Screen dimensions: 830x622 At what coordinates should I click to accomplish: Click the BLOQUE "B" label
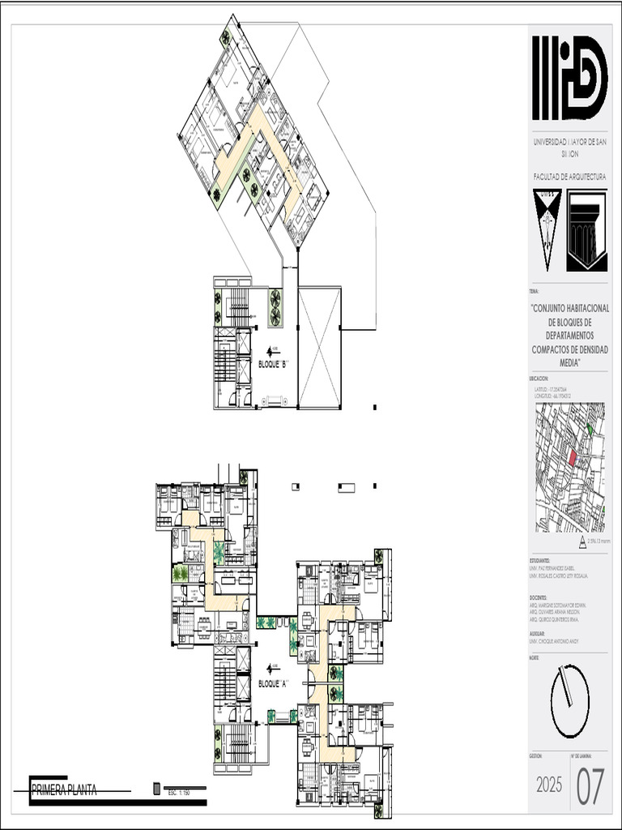[273, 364]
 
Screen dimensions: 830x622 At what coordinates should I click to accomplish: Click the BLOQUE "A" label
[273, 683]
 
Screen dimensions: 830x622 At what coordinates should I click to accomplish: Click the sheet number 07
[590, 786]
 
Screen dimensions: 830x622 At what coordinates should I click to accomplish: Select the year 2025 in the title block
[549, 785]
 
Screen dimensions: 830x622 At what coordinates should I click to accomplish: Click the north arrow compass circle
[569, 701]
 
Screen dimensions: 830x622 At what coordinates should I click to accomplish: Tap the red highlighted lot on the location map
[573, 458]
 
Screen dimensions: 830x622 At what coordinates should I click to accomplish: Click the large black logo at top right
[569, 78]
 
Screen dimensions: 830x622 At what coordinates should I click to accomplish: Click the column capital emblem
[586, 229]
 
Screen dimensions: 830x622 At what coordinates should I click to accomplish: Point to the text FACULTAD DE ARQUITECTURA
[569, 176]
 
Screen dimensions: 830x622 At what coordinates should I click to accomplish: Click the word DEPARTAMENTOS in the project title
[569, 335]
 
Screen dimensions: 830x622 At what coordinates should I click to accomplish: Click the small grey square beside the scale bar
[156, 789]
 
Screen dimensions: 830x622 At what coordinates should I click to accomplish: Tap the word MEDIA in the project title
[569, 362]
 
